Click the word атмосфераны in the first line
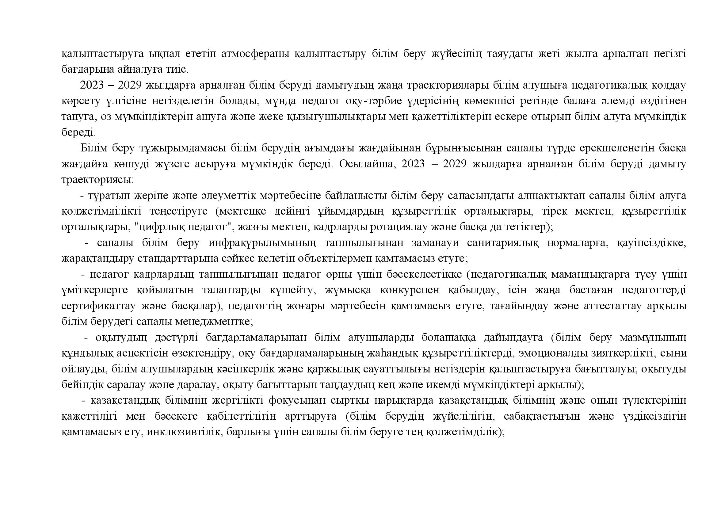click(x=254, y=54)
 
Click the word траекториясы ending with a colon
click(x=97, y=180)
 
